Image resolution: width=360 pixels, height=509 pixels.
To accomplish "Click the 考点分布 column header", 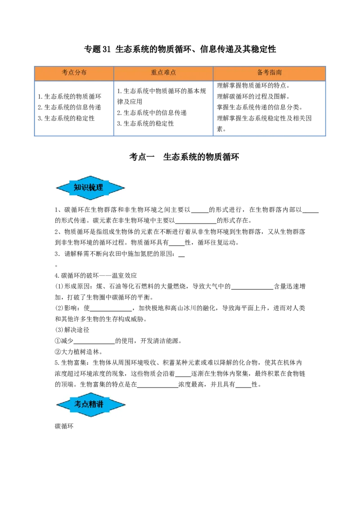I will coord(74,73).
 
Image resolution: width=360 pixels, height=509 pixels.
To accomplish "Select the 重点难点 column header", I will coord(163,73).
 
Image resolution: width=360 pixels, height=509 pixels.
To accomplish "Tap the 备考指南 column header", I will coord(270,73).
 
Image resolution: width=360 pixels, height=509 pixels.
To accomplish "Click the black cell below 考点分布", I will coord(74,108).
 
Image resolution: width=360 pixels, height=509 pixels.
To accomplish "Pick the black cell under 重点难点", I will coord(163,108).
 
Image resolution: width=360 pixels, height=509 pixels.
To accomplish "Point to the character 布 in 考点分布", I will coord(84,73).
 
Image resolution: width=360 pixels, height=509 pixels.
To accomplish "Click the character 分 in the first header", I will coord(77,73).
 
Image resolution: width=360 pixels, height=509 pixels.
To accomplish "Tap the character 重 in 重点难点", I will coord(154,73).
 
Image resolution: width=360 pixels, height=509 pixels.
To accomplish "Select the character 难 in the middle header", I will coord(166,73).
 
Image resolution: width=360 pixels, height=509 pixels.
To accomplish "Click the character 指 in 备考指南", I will coord(273,73).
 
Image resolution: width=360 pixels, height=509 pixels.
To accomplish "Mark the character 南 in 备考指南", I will coord(279,73).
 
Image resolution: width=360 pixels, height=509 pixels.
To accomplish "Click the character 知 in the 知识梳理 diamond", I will coord(77,188).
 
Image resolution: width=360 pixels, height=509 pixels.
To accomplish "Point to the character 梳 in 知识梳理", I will coord(92,188).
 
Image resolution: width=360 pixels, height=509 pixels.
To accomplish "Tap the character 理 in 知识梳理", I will coord(99,188).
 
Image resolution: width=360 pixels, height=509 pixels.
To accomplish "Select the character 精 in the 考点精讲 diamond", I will coord(92,404).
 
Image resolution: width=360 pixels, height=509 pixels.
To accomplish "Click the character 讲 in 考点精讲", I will coord(99,404).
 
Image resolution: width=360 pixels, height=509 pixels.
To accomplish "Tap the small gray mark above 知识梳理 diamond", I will coord(90,174).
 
